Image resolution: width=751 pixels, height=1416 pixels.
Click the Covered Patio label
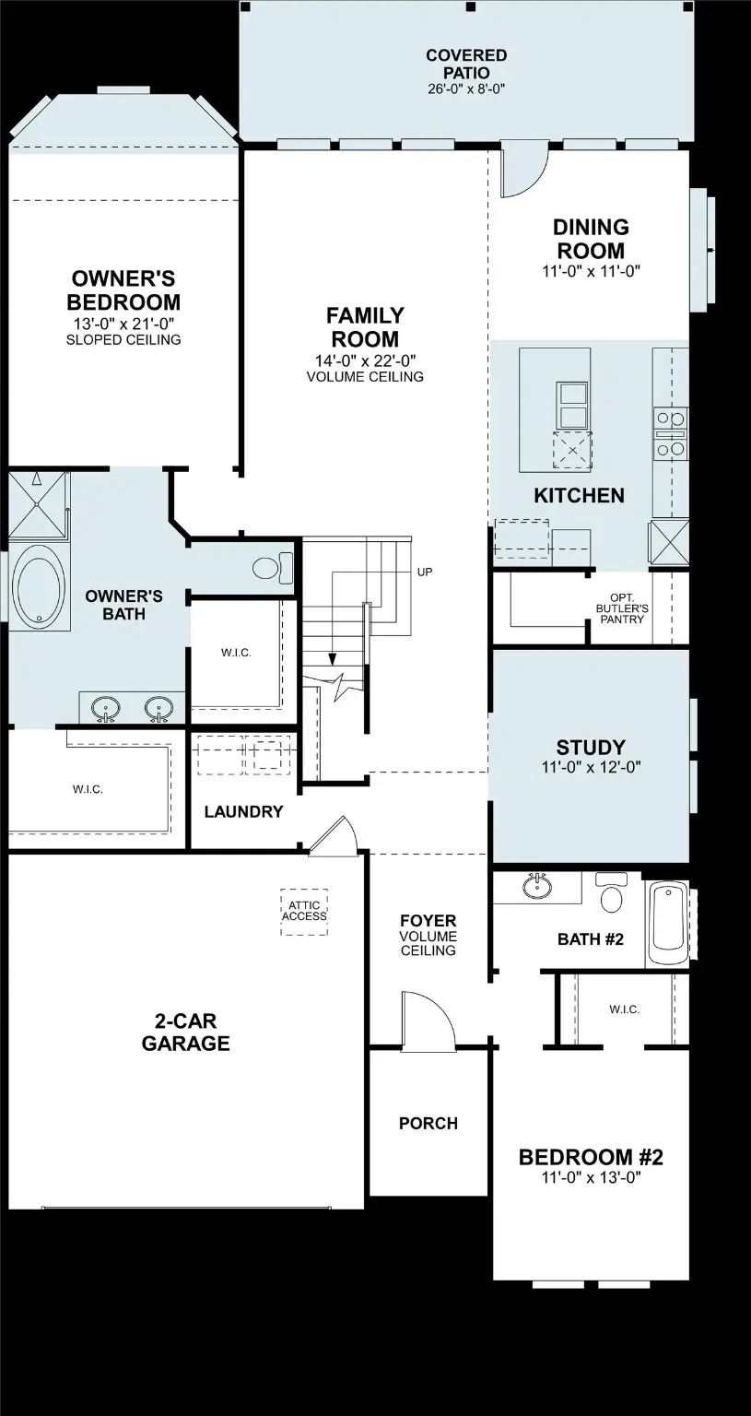[465, 64]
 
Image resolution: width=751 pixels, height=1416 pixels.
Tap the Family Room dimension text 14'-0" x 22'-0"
[364, 360]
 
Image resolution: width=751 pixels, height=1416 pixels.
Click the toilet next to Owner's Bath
[271, 567]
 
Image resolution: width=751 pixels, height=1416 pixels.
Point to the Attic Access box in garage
[304, 911]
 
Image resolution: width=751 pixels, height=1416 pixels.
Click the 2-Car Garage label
[185, 1032]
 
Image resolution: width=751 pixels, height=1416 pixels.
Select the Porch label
[428, 1123]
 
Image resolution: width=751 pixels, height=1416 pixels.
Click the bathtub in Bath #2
[667, 923]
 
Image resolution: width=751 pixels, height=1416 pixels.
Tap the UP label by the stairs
[424, 572]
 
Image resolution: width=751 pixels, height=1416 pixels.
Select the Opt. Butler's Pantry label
[621, 608]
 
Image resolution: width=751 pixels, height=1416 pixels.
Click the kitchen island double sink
[572, 404]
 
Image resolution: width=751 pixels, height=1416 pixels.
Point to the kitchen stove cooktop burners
[670, 433]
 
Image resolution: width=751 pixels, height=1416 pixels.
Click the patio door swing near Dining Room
[522, 172]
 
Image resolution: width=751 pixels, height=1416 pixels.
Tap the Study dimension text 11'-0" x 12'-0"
[590, 766]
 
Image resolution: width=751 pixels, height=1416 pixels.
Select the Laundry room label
[243, 812]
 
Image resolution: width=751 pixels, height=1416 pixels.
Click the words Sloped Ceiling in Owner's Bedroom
[123, 339]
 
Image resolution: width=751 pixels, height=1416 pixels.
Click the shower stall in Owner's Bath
[37, 502]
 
